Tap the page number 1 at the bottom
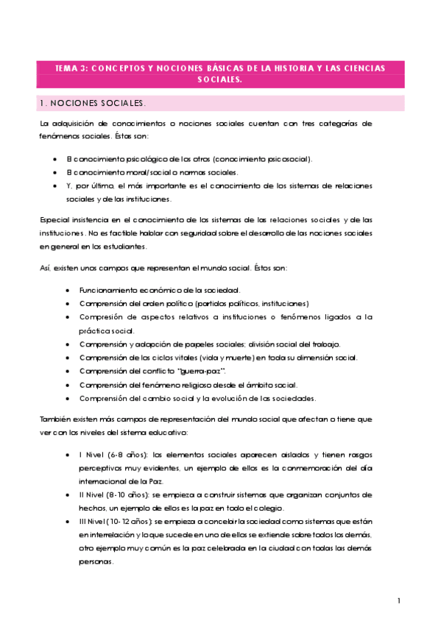point(398,601)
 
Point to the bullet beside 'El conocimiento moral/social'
point(57,172)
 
